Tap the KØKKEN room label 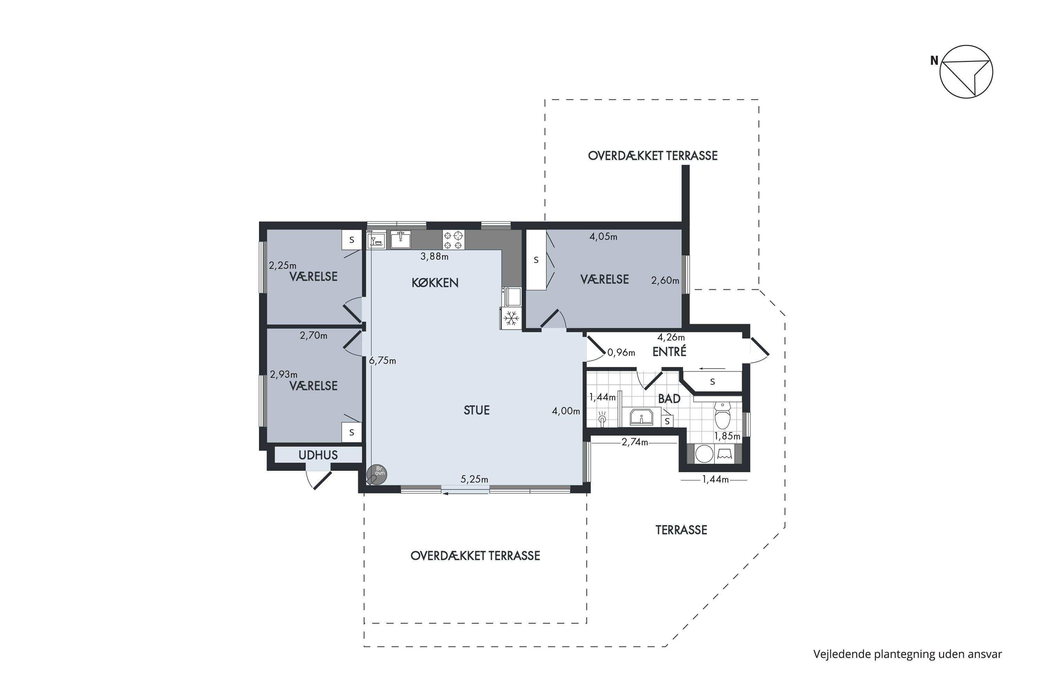(435, 283)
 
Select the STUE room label (477, 410)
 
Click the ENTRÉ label (669, 351)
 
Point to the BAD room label (669, 398)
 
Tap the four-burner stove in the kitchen (453, 240)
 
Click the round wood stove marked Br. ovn (377, 475)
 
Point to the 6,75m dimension (382, 361)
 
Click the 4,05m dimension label (603, 237)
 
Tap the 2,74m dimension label (634, 442)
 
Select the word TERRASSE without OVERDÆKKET (681, 530)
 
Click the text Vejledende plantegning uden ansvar (908, 654)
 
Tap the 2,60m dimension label (665, 280)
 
